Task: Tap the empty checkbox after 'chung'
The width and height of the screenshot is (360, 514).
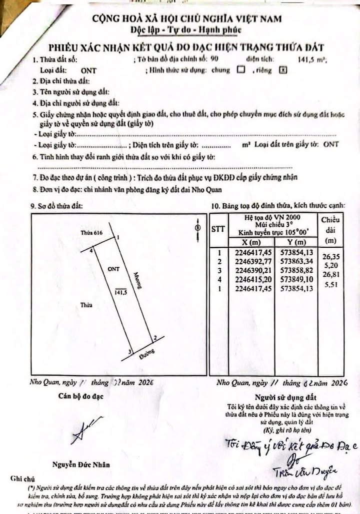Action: pos(241,70)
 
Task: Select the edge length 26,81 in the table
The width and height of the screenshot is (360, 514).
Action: pos(330,274)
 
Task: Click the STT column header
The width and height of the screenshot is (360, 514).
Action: pos(218,229)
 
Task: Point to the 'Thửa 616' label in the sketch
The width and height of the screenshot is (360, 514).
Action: pos(91,233)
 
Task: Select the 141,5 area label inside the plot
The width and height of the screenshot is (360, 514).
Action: pos(120,292)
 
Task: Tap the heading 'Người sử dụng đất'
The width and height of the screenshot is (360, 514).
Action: pos(285,397)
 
